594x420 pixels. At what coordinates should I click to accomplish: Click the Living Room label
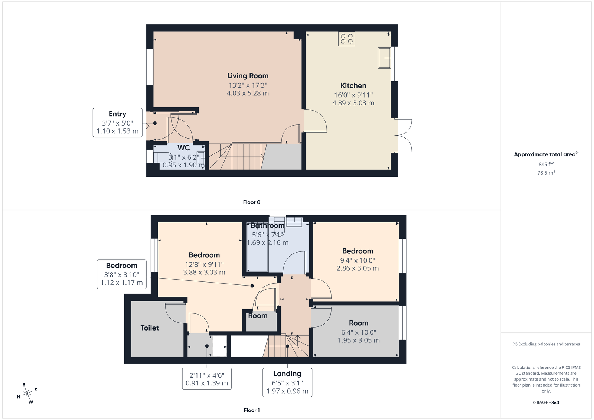(248, 76)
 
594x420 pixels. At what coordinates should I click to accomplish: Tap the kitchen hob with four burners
(347, 39)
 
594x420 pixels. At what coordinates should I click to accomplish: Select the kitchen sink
(384, 58)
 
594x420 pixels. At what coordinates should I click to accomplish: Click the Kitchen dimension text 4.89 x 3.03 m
(353, 103)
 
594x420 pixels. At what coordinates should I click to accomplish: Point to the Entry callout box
(117, 123)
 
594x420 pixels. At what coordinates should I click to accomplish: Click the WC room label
(183, 148)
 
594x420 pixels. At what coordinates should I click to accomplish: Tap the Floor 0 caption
(252, 202)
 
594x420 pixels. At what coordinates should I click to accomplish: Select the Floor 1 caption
(252, 410)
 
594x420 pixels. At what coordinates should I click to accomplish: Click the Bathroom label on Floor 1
(267, 225)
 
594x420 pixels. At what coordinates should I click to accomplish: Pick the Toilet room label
(150, 328)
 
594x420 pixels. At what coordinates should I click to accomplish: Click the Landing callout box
(287, 382)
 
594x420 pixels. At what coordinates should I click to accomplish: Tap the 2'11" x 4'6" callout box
(207, 379)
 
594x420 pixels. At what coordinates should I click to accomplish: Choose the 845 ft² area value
(546, 164)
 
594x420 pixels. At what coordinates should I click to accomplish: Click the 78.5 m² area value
(546, 172)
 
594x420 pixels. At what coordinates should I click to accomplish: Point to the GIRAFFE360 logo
(546, 403)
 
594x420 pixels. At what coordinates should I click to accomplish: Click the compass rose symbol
(27, 393)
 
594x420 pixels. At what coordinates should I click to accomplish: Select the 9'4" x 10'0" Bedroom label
(358, 251)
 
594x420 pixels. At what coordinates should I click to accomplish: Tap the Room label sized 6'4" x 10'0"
(359, 323)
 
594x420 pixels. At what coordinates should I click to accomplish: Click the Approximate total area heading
(546, 154)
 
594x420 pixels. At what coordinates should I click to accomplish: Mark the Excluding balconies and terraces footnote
(546, 344)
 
